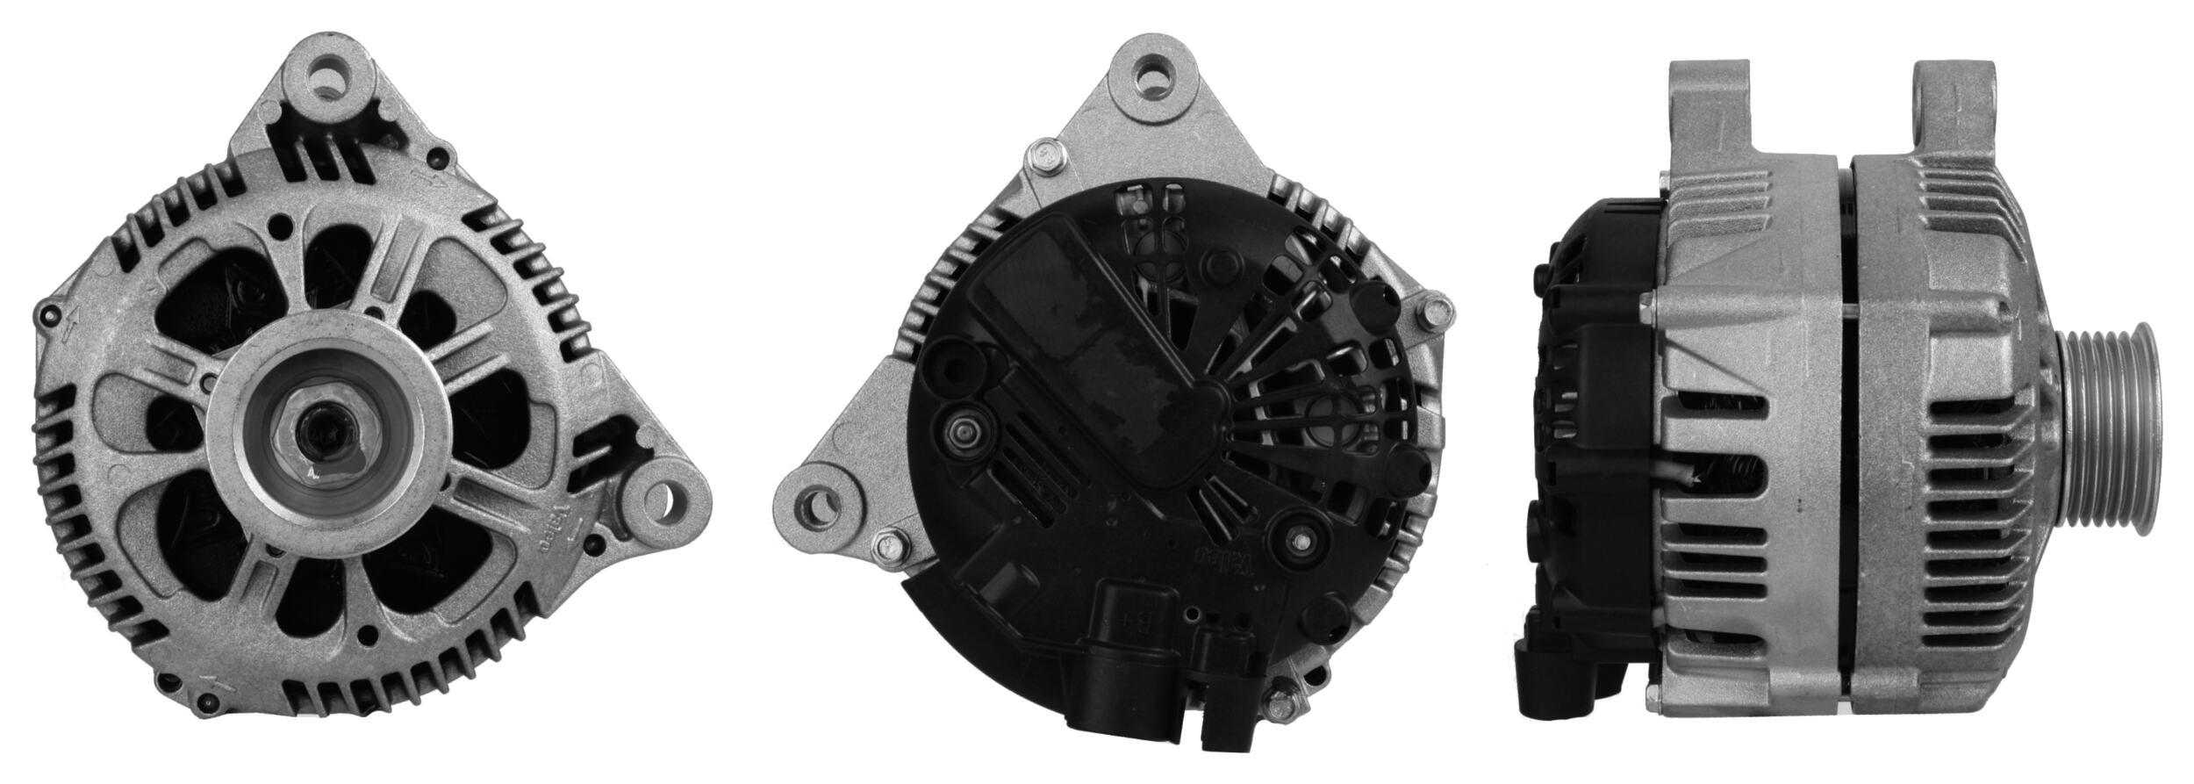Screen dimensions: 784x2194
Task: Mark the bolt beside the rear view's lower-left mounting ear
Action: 888,550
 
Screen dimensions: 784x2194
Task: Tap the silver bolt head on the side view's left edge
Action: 1647,307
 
